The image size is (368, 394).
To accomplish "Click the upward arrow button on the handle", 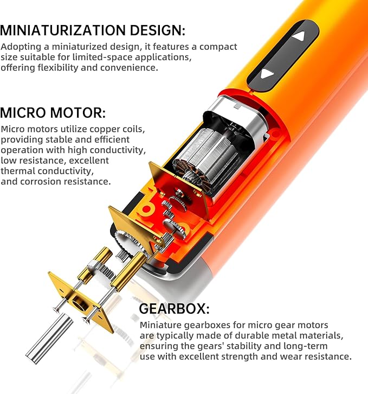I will click(x=299, y=39).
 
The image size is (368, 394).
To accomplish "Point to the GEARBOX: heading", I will click(x=174, y=309).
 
